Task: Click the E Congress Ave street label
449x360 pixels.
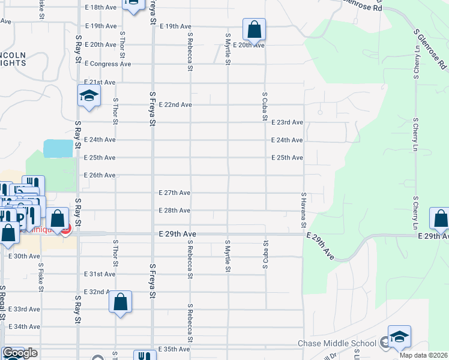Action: [x=108, y=64]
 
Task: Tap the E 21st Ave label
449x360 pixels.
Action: [x=100, y=82]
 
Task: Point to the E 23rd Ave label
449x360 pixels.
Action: [x=287, y=122]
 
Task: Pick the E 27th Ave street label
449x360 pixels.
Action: [x=175, y=193]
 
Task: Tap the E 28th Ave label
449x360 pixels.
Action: [x=175, y=211]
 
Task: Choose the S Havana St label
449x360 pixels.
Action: [x=304, y=211]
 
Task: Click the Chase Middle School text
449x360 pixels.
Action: [x=337, y=344]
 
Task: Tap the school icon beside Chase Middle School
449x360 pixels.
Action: [x=399, y=337]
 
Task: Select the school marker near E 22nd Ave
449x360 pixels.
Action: [x=89, y=96]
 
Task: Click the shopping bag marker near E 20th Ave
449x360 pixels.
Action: [x=254, y=29]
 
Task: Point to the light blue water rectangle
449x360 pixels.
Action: [x=58, y=148]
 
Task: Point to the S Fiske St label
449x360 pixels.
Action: [x=41, y=277]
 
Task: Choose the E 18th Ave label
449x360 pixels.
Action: [x=100, y=7]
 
